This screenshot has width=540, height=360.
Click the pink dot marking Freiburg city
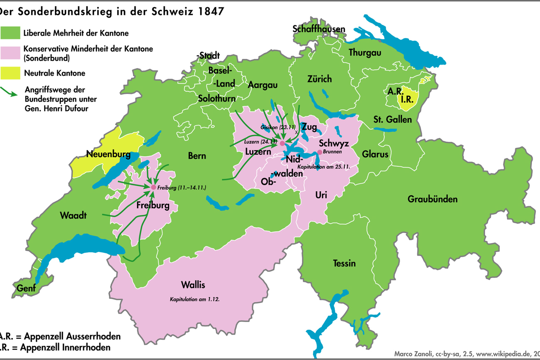tap(153, 187)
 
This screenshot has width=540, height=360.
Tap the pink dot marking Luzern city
tap(282, 143)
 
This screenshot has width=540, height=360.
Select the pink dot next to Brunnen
tap(319, 152)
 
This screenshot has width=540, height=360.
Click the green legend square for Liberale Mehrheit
tap(10, 33)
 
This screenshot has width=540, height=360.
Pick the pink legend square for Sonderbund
tap(10, 53)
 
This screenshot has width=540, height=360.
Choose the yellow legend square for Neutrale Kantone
tap(10, 73)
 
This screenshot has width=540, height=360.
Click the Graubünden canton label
tap(432, 199)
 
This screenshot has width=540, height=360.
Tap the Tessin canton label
tap(344, 263)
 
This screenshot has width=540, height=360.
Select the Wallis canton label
tap(193, 285)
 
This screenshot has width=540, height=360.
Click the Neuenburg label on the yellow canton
tap(108, 155)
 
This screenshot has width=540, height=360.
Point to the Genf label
tap(26, 288)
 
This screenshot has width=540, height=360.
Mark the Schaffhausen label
tap(319, 29)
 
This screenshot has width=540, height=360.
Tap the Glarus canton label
tap(375, 154)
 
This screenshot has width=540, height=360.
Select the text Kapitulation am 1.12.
tap(194, 299)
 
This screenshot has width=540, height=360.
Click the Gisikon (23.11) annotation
tap(277, 126)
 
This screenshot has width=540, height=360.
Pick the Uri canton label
tap(321, 195)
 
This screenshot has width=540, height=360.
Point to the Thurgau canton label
tap(365, 52)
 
